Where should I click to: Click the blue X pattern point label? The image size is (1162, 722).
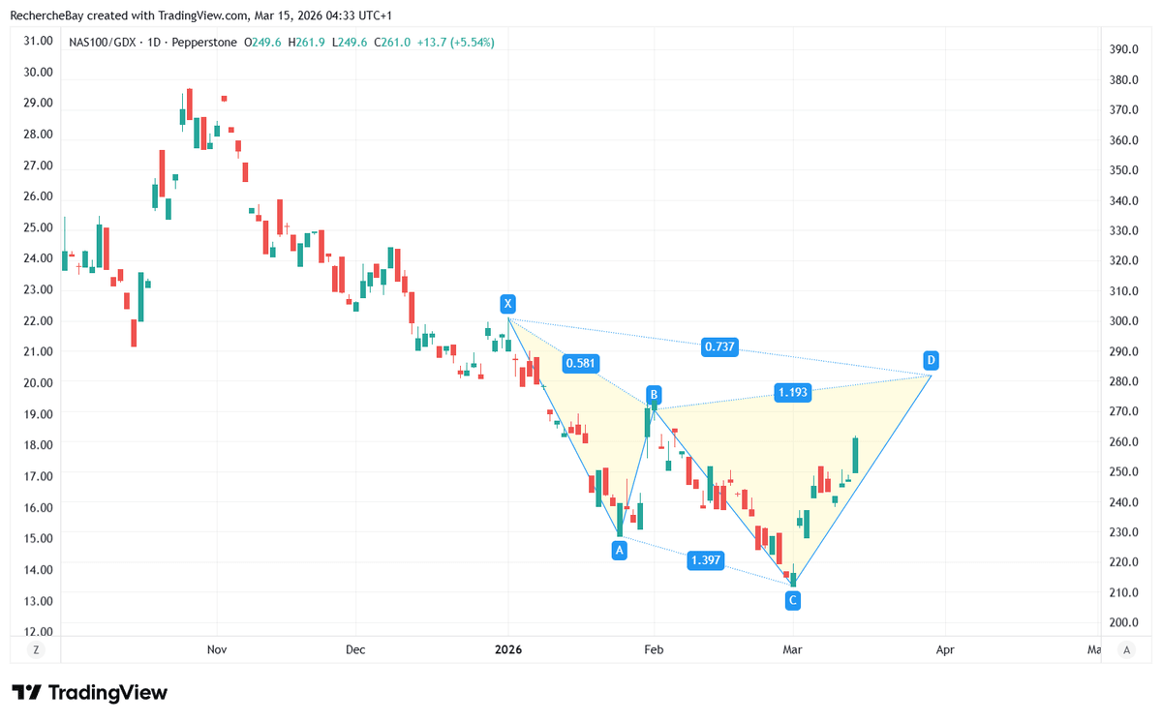coord(507,304)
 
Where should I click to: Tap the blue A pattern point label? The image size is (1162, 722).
coord(620,550)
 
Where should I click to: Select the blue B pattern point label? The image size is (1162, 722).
coord(655,394)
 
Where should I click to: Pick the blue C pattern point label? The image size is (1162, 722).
coord(793,601)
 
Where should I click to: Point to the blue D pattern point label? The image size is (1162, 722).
coord(931,360)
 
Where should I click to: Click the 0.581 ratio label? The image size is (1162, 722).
coord(580,364)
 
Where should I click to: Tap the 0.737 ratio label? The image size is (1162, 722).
coord(719,346)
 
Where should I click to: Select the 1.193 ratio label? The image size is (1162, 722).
coord(792,392)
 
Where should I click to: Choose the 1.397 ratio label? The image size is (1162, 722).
coord(704,560)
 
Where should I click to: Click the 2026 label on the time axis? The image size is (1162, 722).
coord(507,649)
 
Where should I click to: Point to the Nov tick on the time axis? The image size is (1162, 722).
coord(217,649)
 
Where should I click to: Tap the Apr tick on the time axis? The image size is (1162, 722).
coord(945,649)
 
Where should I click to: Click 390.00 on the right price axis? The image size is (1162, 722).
coord(1124,49)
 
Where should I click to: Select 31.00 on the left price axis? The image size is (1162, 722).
coord(38,41)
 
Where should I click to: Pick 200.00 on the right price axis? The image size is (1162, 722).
coord(1124,622)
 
